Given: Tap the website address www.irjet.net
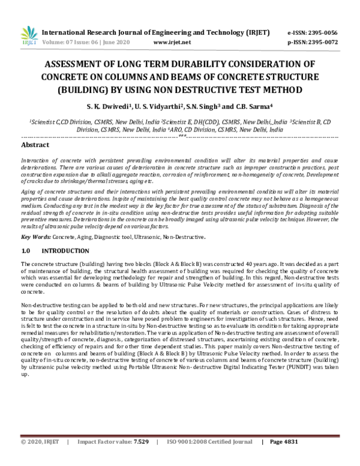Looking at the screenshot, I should [172, 43].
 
